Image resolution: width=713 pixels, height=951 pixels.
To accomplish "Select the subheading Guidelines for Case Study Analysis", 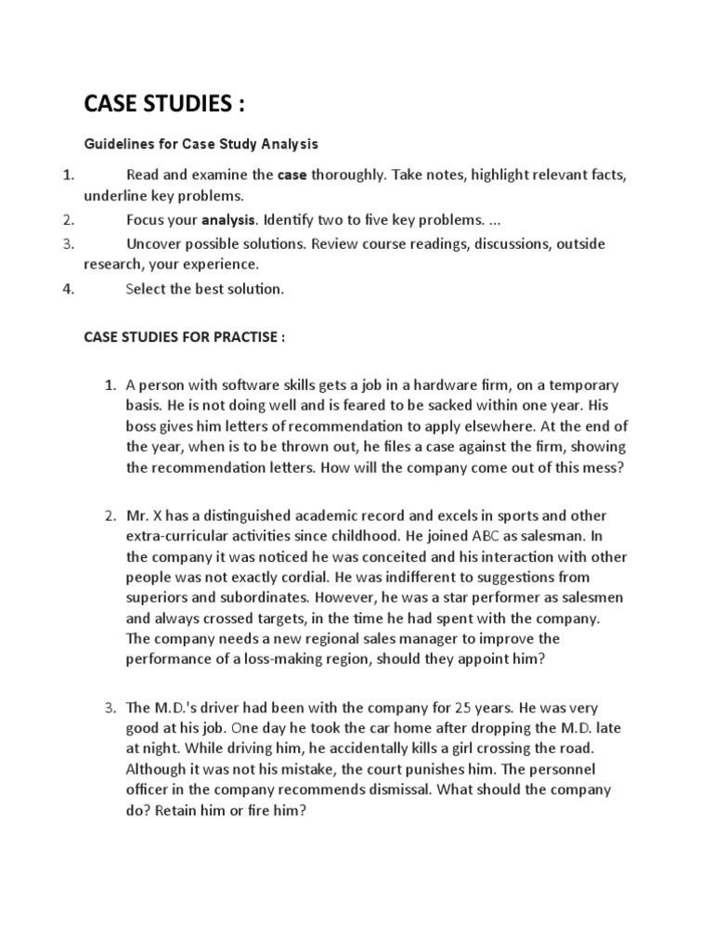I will click(x=201, y=144).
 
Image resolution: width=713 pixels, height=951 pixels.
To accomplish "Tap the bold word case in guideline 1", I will click(x=292, y=174).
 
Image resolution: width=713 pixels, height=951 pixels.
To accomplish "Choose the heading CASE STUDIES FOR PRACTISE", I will click(x=184, y=337).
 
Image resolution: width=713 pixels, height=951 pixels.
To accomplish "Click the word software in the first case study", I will click(x=244, y=384).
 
